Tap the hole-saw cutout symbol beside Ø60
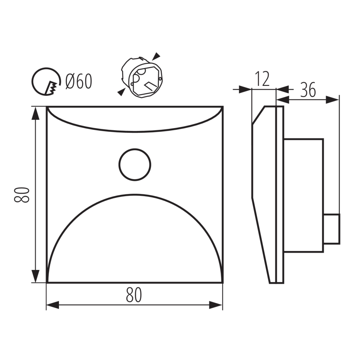(x=45, y=81)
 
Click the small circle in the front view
(x=135, y=164)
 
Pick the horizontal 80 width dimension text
(x=134, y=295)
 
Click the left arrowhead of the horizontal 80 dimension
(x=52, y=305)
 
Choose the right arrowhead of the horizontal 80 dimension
(x=216, y=305)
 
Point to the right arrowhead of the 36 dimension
(x=333, y=99)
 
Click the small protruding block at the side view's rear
(x=331, y=229)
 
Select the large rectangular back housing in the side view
(x=303, y=195)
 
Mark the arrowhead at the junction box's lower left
(x=120, y=92)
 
